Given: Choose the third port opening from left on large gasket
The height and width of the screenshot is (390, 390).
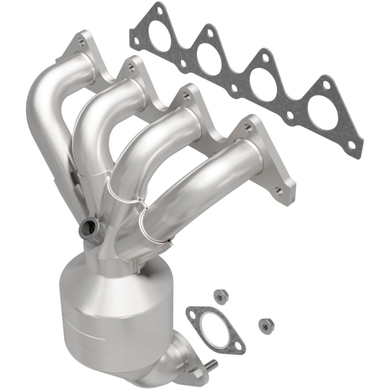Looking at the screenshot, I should tap(266, 86).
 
